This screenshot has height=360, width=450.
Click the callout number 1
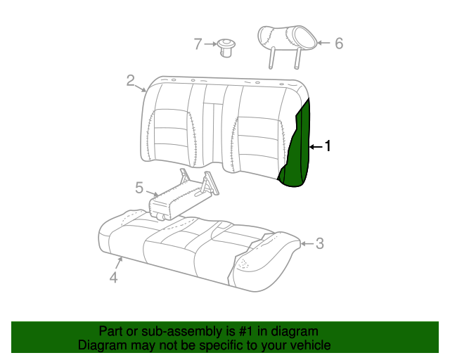[x=328, y=146]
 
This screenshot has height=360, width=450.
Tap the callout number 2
[x=131, y=81]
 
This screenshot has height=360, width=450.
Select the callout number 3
[x=320, y=243]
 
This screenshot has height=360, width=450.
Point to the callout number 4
[x=114, y=277]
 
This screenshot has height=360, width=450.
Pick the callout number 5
[x=139, y=188]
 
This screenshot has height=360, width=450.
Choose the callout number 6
[x=339, y=44]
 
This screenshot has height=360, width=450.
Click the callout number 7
[x=198, y=44]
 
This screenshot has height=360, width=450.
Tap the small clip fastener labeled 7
[x=226, y=48]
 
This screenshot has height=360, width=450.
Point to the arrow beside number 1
[x=316, y=147]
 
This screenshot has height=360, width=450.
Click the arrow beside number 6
[x=323, y=43]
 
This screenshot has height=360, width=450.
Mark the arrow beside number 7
[x=211, y=44]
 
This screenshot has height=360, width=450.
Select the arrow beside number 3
[x=307, y=244]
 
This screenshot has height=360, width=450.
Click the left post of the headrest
[x=271, y=58]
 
